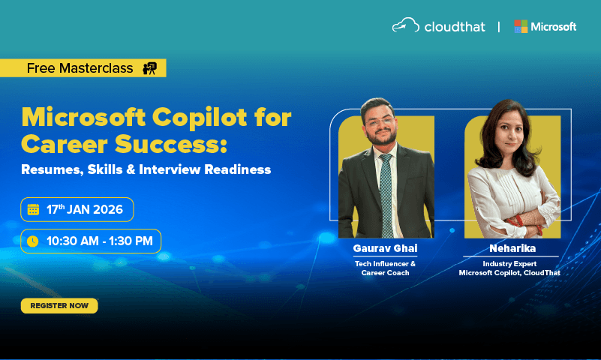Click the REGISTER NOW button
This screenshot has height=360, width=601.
pyautogui.click(x=59, y=305)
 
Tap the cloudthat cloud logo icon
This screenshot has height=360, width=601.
pyautogui.click(x=405, y=25)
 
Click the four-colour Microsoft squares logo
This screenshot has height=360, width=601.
pyautogui.click(x=521, y=26)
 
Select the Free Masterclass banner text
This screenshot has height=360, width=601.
pyautogui.click(x=80, y=68)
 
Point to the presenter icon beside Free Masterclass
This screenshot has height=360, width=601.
pyautogui.click(x=150, y=68)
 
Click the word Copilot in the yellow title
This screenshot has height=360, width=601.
pyautogui.click(x=200, y=117)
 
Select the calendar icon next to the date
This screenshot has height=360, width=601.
pyautogui.click(x=33, y=209)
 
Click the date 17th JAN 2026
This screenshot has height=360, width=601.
pyautogui.click(x=85, y=209)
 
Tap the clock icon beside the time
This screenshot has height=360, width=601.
pyautogui.click(x=32, y=241)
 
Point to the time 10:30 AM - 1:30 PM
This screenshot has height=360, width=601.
pyautogui.click(x=100, y=241)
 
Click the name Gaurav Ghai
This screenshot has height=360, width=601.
pyautogui.click(x=385, y=248)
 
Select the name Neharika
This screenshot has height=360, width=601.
pyautogui.click(x=512, y=248)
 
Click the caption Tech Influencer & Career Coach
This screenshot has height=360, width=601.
pyautogui.click(x=385, y=268)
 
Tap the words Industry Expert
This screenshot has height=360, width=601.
pyautogui.click(x=509, y=263)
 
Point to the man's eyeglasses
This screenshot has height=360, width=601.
pyautogui.click(x=379, y=122)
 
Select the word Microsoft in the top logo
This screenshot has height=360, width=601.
pyautogui.click(x=554, y=26)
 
